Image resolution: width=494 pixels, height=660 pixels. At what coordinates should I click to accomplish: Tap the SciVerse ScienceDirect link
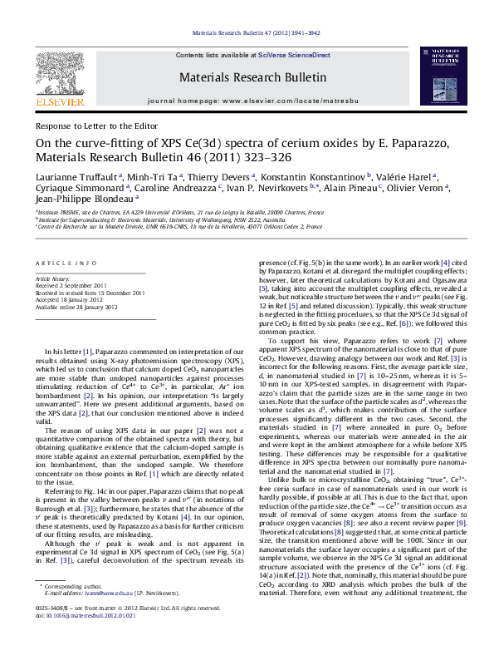click(x=294, y=55)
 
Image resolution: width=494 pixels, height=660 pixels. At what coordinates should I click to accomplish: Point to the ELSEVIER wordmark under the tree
click(x=60, y=101)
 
